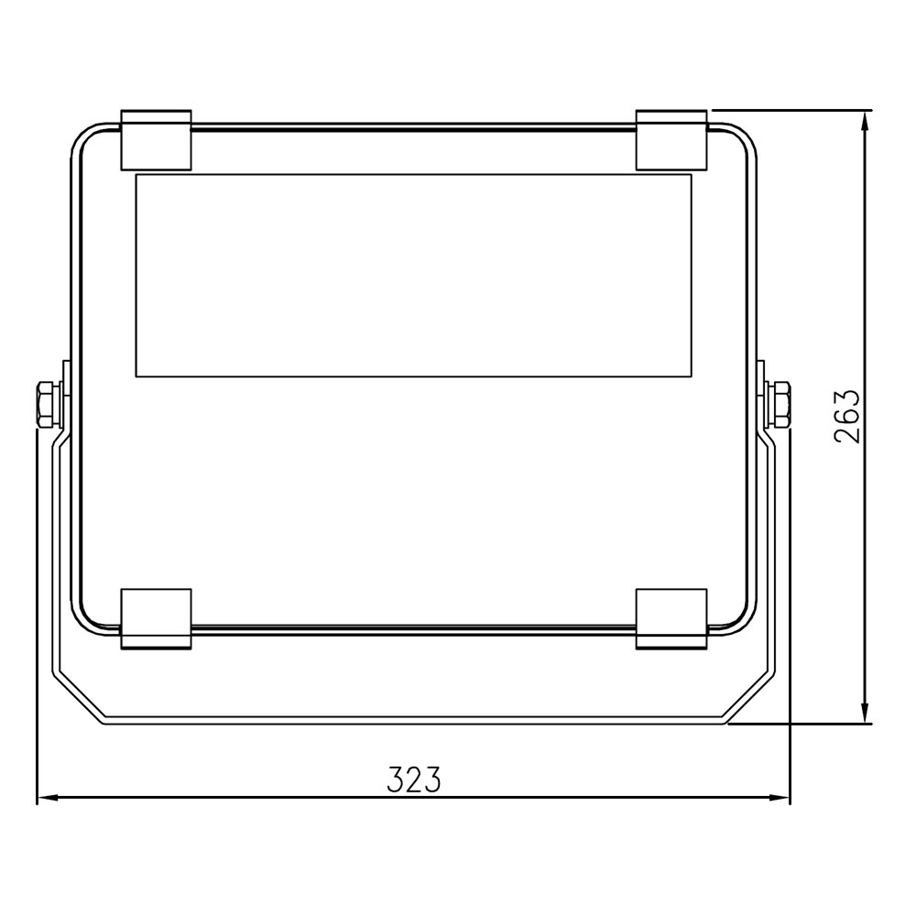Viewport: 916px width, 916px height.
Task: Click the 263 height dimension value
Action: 847,416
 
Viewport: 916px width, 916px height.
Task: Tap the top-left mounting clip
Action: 156,139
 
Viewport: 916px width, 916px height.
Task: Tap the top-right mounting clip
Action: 671,139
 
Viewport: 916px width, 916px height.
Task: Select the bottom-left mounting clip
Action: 156,618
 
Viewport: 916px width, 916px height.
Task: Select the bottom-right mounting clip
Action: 671,618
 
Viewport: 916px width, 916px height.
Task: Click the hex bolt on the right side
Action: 780,404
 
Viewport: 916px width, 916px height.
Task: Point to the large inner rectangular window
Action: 414,275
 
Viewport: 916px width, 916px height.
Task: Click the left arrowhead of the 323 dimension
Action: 47,798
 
